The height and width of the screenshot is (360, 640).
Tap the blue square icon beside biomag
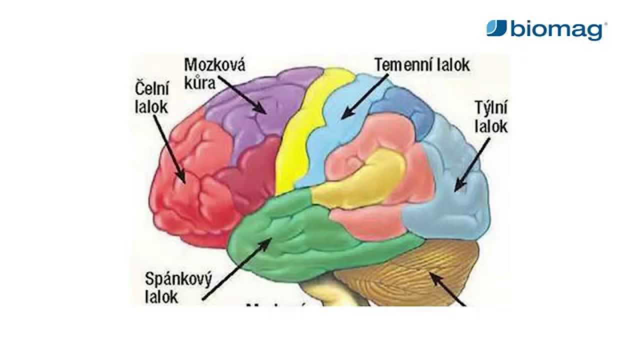(496, 28)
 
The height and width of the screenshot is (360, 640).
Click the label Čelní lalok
(152, 98)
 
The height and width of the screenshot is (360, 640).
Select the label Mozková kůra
(214, 73)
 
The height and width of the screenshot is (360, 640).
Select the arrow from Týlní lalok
(472, 165)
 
